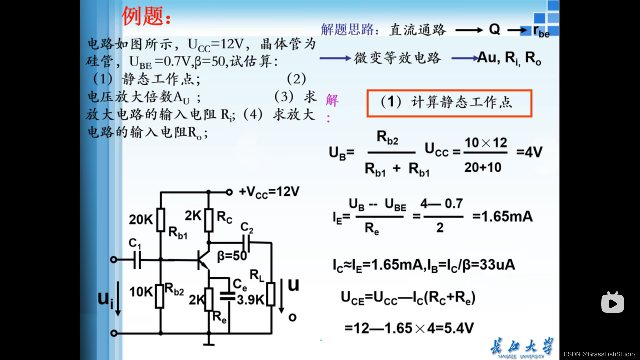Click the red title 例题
(x=146, y=16)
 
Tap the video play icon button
(x=612, y=303)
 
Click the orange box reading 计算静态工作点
(x=449, y=103)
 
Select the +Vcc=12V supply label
(x=269, y=192)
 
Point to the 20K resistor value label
(x=141, y=220)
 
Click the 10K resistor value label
(x=141, y=292)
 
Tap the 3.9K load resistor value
(x=250, y=300)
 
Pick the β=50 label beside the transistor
(x=232, y=256)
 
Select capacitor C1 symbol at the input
(x=137, y=260)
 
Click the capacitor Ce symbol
(x=228, y=296)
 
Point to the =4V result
(x=529, y=152)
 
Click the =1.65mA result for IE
(x=502, y=217)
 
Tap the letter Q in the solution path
(x=494, y=30)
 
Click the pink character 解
(x=332, y=100)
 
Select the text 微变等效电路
(x=397, y=58)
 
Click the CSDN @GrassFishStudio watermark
(x=599, y=354)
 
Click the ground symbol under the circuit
(x=209, y=343)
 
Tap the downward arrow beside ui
(x=118, y=299)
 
